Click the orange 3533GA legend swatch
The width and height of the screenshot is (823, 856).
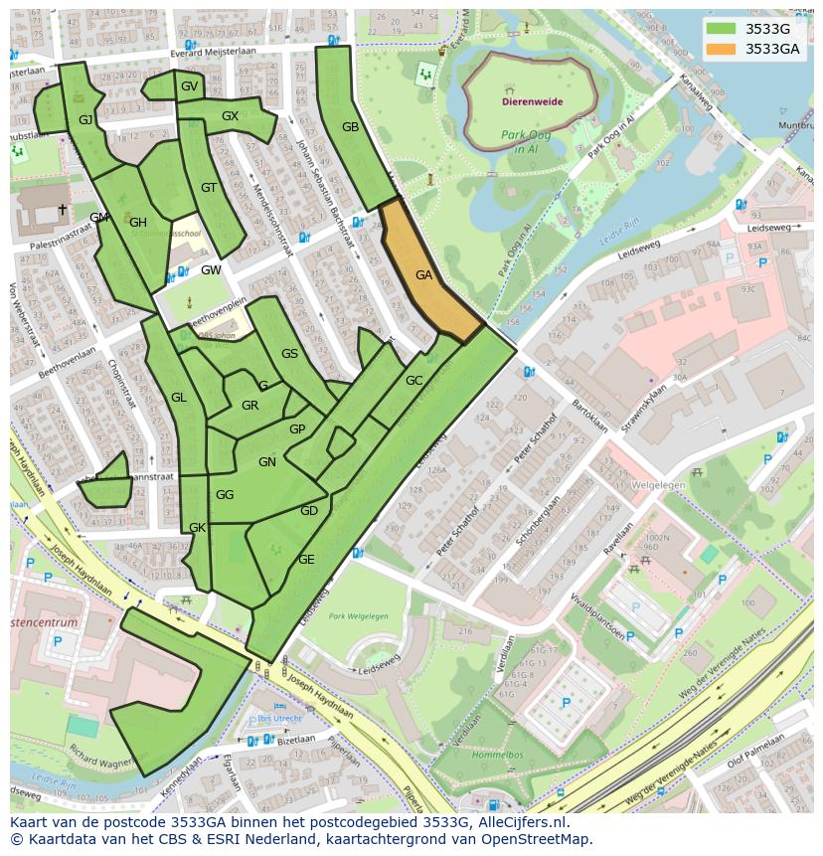[x=723, y=49]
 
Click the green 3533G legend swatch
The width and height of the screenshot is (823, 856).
[x=723, y=29]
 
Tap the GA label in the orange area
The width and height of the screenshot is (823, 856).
[x=424, y=275]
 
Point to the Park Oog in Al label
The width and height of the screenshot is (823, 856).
[x=528, y=141]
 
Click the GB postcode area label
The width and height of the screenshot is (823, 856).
[x=350, y=127]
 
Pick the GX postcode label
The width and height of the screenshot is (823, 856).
[x=230, y=116]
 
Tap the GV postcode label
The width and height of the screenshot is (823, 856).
[x=189, y=86]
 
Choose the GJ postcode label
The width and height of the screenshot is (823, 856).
[x=85, y=120]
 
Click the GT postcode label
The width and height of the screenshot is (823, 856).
[x=209, y=188]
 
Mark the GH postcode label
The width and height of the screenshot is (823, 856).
[x=137, y=223]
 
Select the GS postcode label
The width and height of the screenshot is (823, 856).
[x=289, y=354]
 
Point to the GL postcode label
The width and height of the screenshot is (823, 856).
[x=179, y=398]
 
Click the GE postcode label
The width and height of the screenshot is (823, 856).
[x=306, y=560]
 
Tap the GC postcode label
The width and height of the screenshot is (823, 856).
[x=414, y=381]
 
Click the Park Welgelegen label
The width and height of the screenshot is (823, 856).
[x=359, y=616]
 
